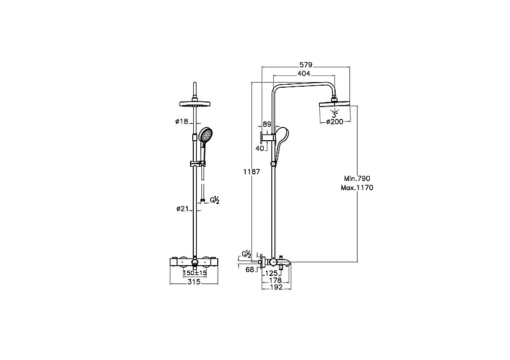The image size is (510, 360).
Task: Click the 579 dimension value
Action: point(305,65)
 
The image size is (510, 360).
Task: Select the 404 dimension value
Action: point(304,74)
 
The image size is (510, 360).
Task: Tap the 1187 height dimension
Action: point(252,172)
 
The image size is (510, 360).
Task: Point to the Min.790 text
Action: point(357,178)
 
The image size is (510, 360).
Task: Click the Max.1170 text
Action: point(357,188)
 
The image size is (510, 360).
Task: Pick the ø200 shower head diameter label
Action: point(335,122)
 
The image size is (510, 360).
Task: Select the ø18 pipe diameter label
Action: point(182,122)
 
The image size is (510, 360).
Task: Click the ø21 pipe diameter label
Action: point(183,209)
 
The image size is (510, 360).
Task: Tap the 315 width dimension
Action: point(194,282)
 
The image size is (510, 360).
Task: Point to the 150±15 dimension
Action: point(195,273)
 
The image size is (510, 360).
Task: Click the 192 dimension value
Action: point(276,287)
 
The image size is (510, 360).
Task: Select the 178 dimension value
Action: point(275,280)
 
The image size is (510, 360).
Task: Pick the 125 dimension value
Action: point(271,273)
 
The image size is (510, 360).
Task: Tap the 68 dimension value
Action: point(250,270)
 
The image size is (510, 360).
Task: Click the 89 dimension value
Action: point(267,124)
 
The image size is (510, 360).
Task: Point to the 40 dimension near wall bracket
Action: point(260,148)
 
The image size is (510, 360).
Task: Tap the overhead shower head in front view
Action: point(195,104)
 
